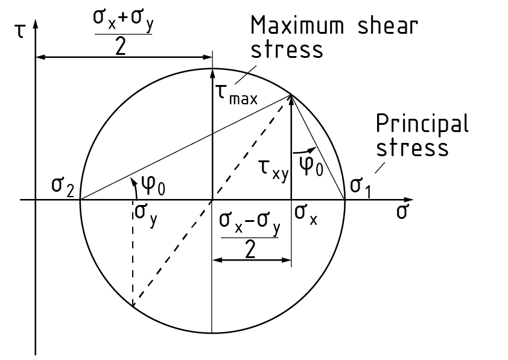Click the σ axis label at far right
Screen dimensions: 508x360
point(403,212)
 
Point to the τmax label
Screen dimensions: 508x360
point(236,95)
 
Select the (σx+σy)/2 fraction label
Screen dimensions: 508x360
point(122,33)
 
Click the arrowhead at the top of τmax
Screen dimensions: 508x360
point(212,74)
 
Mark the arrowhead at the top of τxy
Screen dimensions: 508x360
point(291,99)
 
